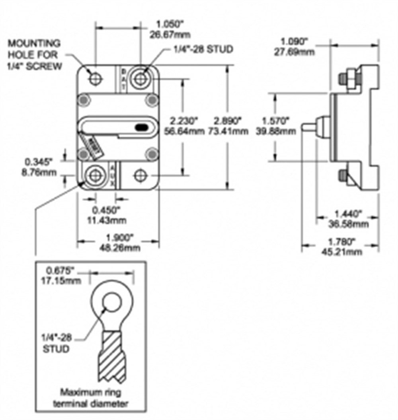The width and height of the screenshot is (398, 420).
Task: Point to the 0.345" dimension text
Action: click(39, 162)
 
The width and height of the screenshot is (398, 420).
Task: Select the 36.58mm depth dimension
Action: click(350, 225)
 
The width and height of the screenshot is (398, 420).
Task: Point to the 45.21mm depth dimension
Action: click(343, 251)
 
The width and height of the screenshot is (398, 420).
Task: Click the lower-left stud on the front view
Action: click(95, 175)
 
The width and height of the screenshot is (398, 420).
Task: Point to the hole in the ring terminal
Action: click(112, 303)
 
